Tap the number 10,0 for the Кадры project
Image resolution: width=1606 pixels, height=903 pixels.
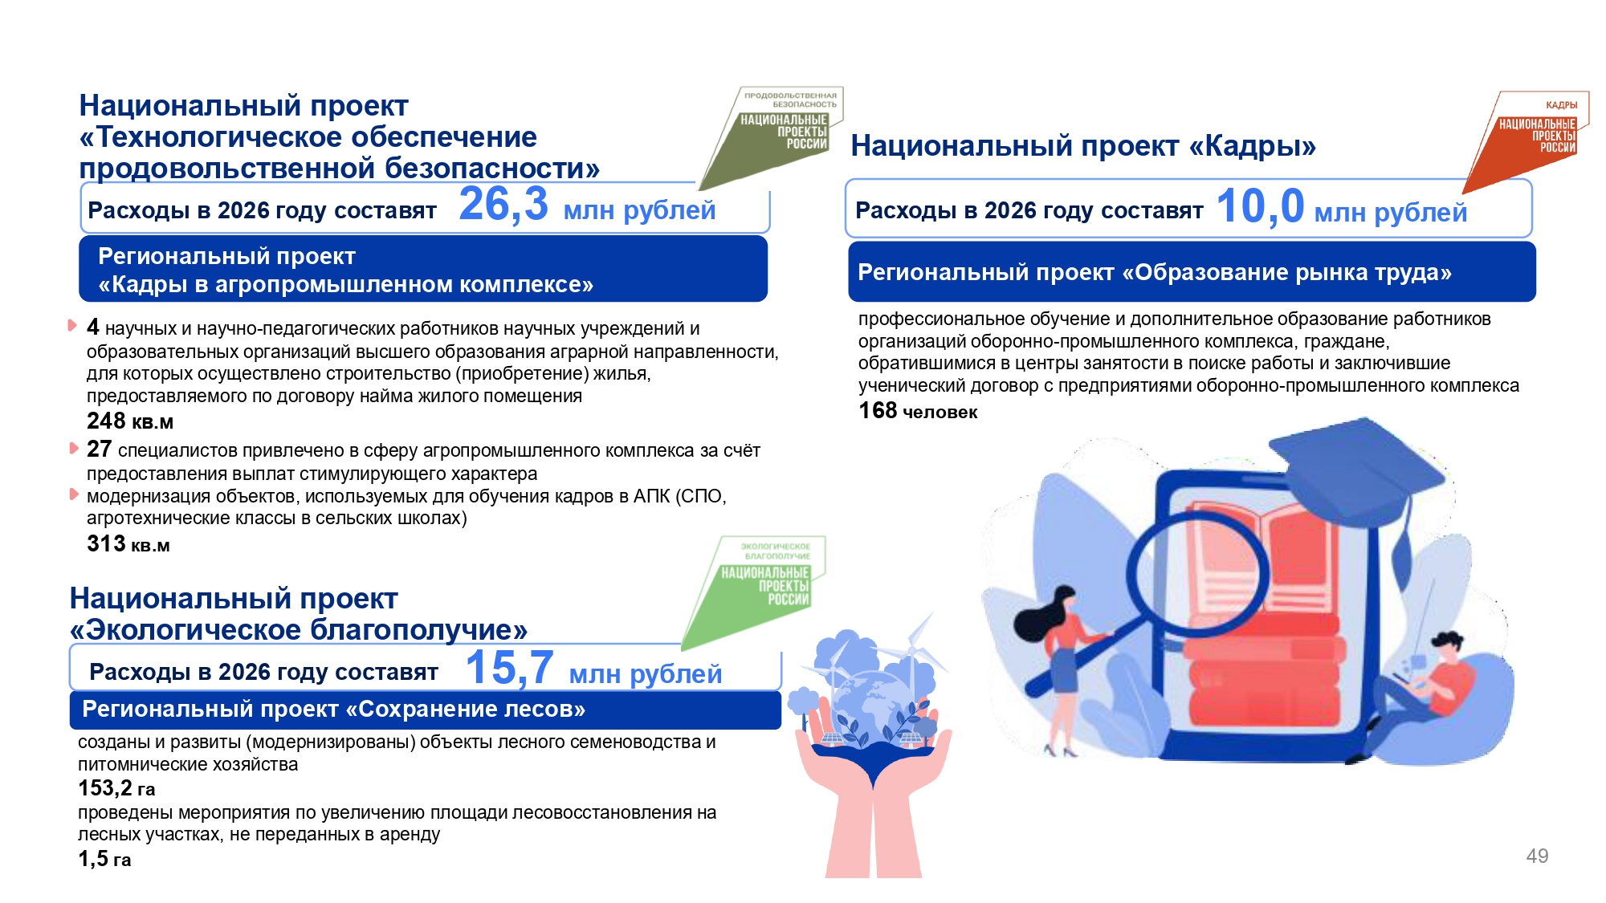[1260, 206]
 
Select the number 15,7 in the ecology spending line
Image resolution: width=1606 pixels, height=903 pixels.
[509, 668]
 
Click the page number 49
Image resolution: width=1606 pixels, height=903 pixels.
[1537, 856]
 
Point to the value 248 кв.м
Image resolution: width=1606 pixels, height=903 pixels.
[130, 421]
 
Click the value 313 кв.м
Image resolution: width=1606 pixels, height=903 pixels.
[128, 544]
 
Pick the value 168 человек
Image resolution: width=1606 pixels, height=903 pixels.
[918, 411]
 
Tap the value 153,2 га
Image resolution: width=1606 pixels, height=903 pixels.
[116, 788]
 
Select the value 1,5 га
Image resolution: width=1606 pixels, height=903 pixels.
[104, 859]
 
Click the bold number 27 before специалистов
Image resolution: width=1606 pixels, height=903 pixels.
[99, 449]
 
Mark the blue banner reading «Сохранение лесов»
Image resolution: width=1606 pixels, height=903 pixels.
[425, 710]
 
